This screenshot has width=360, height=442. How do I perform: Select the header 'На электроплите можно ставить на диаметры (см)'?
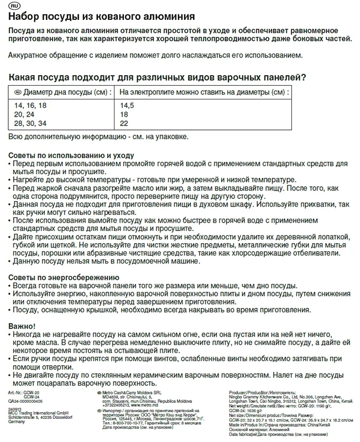coord(204,92)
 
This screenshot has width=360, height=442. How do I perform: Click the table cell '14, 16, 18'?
coord(30,104)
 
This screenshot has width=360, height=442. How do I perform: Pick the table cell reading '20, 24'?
coord(25,114)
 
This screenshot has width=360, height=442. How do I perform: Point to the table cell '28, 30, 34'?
coord(30,123)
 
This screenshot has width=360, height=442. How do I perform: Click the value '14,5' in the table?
coord(128,104)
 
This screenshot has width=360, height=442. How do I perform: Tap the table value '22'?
coord(124,123)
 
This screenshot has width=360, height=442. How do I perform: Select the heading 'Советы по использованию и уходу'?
coord(70,155)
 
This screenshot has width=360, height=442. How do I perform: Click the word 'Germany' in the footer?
coord(18,422)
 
